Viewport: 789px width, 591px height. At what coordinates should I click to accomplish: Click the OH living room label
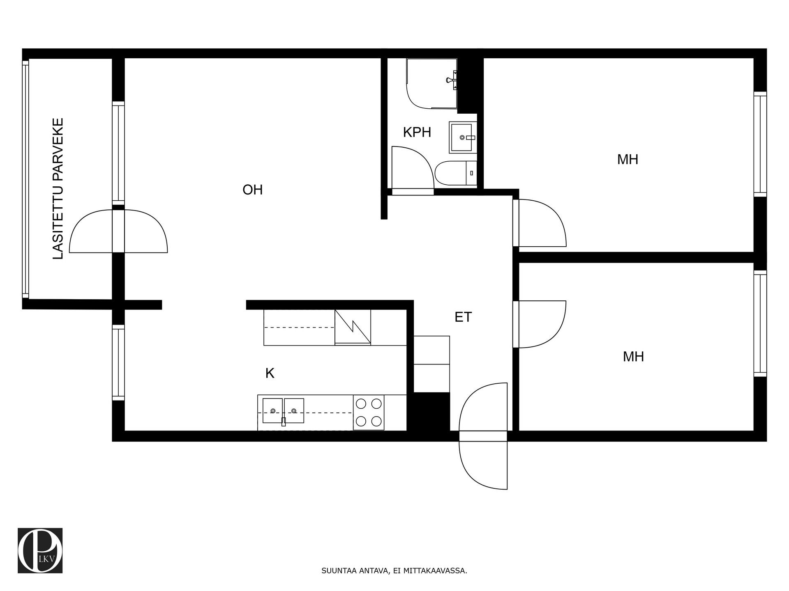[x=252, y=190]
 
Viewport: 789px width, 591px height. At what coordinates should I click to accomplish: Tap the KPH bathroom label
[x=417, y=132]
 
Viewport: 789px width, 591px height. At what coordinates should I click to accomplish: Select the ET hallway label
[x=463, y=317]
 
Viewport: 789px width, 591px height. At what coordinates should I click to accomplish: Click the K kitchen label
[x=270, y=373]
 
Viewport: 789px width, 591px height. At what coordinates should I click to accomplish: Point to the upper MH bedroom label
[x=628, y=159]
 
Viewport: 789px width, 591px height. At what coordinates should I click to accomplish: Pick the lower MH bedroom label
[x=633, y=356]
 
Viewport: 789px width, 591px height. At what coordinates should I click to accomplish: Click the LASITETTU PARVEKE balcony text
[x=59, y=189]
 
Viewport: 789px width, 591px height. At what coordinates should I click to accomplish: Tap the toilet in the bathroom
[x=455, y=173]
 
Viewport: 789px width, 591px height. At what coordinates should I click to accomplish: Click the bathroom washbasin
[x=463, y=137]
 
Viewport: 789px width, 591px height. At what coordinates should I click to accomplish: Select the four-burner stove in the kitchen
[x=369, y=412]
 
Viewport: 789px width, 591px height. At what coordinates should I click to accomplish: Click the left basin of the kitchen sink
[x=272, y=410]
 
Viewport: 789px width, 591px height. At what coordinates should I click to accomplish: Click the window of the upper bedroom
[x=760, y=144]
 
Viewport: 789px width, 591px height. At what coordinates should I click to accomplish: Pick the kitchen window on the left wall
[x=118, y=362]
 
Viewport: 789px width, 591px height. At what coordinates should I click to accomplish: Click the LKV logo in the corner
[x=40, y=550]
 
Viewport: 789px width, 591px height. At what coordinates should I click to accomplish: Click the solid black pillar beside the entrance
[x=431, y=412]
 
